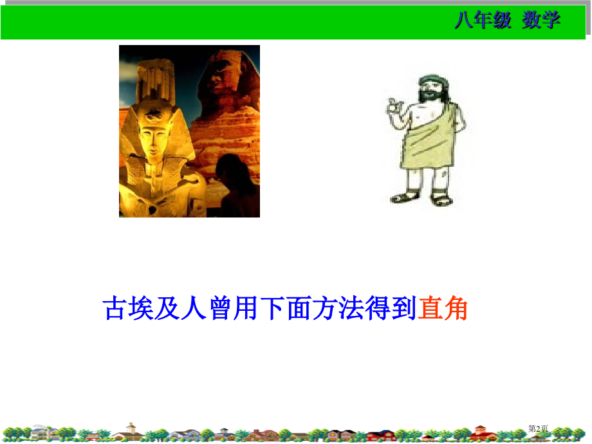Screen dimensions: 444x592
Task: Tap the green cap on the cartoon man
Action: [429, 79]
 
